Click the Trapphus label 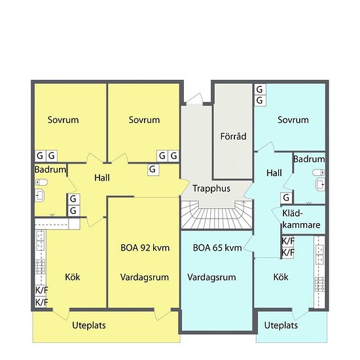pos(211,189)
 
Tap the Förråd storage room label pos(233,136)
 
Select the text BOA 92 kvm pos(145,247)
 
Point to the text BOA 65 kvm pos(217,247)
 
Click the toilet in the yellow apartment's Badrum pos(41,183)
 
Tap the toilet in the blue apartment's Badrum pos(319,172)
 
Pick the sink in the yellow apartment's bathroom pos(40,196)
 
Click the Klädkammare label pos(301,219)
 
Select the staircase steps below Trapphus pos(217,215)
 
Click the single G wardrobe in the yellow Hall pos(153,170)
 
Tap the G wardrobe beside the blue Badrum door pos(286,198)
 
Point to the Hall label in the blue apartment pos(274,173)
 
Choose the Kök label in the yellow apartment pos(72,277)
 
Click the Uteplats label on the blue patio pos(281,325)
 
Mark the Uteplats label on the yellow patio pos(89,325)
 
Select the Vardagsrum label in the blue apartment pos(211,277)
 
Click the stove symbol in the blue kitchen pos(320,284)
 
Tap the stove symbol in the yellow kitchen pos(40,267)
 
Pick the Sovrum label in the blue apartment pos(293,120)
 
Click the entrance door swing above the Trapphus pos(194,99)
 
